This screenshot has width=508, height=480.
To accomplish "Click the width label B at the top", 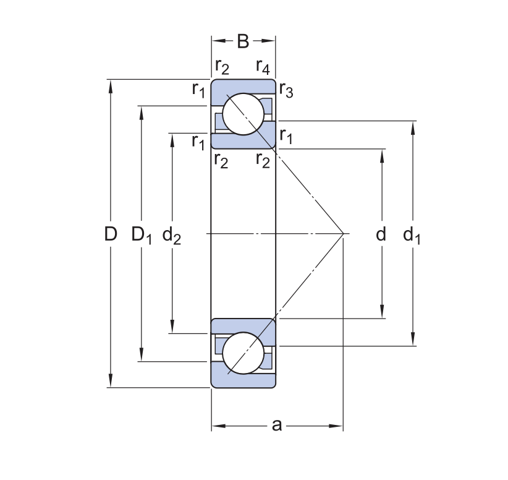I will coord(243,41).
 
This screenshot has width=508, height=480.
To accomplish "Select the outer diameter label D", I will coord(111,234).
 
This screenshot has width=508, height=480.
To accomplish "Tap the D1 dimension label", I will coord(142,235).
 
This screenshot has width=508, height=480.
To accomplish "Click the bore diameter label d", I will coord(381,234).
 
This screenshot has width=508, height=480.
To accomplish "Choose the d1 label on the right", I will coord(412,235).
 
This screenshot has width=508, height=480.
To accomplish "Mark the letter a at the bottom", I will coord(277,425).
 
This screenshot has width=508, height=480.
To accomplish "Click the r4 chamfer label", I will coord(262,66).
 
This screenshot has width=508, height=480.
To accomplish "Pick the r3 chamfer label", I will coord(285,90).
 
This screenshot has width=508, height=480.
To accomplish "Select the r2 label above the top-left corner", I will coord(222,66).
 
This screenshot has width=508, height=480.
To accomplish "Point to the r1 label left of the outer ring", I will coord(198,90).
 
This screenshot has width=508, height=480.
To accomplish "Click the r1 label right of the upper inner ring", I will coord(285,135).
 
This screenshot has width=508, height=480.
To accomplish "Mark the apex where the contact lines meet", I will coord(343,234).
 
